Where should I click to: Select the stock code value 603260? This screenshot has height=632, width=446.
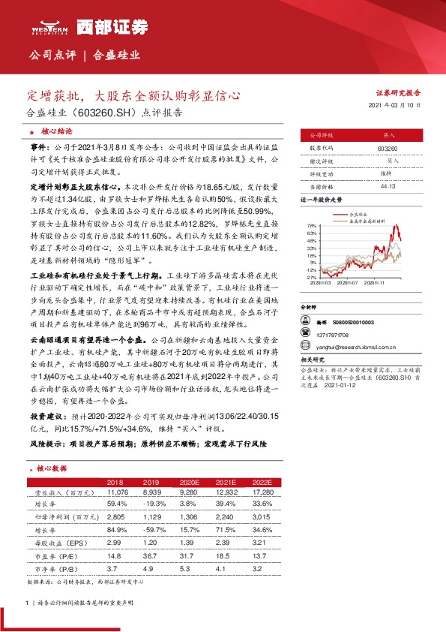(x=388, y=149)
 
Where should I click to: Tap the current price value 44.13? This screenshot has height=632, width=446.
(x=388, y=185)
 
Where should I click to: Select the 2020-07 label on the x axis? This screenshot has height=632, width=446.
(x=352, y=283)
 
